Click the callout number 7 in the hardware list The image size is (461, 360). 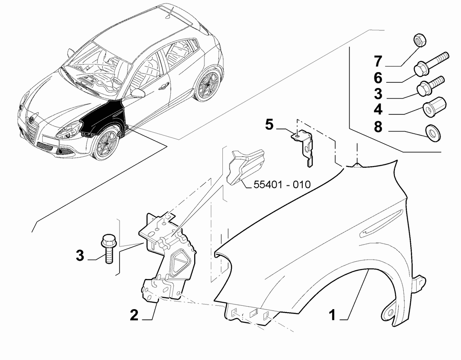click(x=378, y=61)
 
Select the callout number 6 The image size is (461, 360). click(x=378, y=78)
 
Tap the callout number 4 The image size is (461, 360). click(x=378, y=109)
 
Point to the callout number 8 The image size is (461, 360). click(x=378, y=127)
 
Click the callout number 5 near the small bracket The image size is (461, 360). click(x=269, y=125)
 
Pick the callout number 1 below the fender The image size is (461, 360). click(x=332, y=315)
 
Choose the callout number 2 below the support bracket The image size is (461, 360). click(x=134, y=315)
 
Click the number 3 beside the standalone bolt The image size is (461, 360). click(x=80, y=255)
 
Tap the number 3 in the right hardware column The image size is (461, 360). click(x=378, y=94)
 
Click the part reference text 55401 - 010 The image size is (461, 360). click(x=282, y=184)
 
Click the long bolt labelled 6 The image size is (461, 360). click(x=431, y=63)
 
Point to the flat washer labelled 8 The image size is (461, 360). click(x=433, y=133)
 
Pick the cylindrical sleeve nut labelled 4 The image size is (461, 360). click(x=435, y=106)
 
